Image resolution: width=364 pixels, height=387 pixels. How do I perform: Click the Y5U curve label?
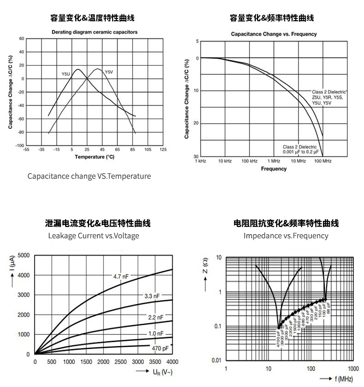(x=66, y=74)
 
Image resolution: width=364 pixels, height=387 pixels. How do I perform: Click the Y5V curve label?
(x=108, y=72)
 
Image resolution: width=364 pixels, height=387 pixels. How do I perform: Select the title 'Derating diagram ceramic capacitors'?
(x=94, y=32)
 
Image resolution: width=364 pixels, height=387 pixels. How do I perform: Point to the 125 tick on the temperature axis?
(x=163, y=150)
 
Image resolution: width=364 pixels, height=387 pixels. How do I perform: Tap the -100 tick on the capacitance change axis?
(x=20, y=145)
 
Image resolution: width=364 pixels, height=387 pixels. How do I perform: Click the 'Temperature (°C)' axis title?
(x=94, y=157)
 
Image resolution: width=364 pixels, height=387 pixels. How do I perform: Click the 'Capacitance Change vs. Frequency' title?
(x=274, y=34)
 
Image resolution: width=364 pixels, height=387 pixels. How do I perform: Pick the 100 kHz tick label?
(x=249, y=161)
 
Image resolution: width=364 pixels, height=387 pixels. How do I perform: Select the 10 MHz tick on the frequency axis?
(x=298, y=161)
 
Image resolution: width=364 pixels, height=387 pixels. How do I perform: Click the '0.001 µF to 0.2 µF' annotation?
(x=300, y=151)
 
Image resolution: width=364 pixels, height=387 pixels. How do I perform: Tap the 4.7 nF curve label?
(x=121, y=276)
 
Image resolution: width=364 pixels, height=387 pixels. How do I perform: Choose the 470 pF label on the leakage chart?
(x=160, y=348)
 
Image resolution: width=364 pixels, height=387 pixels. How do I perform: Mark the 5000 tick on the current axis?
(x=24, y=255)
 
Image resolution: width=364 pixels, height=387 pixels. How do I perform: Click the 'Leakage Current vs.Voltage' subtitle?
(x=94, y=236)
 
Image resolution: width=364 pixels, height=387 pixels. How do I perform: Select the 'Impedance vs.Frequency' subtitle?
(x=286, y=236)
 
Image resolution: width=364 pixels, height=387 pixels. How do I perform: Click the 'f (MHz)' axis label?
(x=343, y=379)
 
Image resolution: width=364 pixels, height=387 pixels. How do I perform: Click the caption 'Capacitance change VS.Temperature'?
(x=89, y=176)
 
